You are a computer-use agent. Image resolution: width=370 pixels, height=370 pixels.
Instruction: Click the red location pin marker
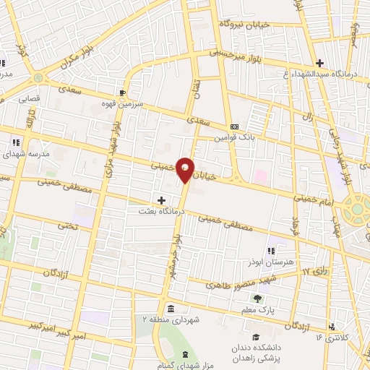click(186, 169)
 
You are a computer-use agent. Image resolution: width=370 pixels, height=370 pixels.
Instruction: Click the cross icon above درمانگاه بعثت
click(160, 199)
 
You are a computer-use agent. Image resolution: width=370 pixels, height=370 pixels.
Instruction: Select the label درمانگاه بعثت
click(163, 212)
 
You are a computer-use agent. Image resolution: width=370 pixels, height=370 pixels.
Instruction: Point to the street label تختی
click(68, 225)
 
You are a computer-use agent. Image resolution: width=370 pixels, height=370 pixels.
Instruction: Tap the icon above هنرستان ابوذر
click(272, 251)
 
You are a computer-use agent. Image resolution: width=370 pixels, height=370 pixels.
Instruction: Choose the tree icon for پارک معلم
click(257, 296)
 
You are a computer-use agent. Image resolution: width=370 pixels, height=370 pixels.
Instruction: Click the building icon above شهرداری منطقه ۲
click(169, 309)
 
